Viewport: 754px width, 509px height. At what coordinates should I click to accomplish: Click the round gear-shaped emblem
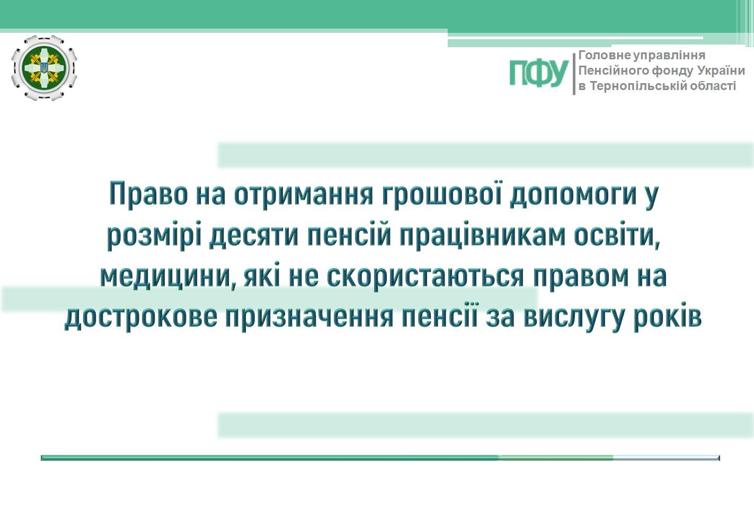(44, 68)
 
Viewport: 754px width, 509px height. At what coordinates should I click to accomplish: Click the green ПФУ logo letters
(538, 73)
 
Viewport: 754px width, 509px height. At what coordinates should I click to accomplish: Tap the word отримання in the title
(304, 194)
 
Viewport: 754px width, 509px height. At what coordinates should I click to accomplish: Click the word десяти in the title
(254, 236)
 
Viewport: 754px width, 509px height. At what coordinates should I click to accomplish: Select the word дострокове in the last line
(141, 318)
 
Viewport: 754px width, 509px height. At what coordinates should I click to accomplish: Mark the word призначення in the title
(309, 318)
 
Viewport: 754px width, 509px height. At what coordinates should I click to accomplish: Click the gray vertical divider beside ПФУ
(574, 74)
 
